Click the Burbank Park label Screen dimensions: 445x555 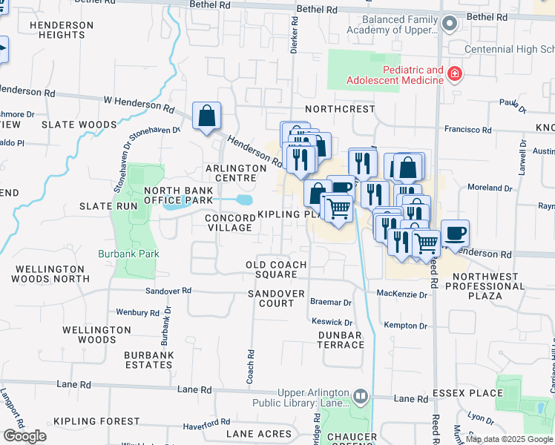point(129,254)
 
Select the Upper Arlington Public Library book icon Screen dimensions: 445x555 point(361,397)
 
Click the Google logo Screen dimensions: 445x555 point(24,436)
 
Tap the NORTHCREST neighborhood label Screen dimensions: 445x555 point(340,108)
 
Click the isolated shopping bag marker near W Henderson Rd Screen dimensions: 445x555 point(206,116)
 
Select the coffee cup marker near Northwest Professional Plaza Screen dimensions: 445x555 point(455,234)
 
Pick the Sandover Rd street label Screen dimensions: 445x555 point(168,291)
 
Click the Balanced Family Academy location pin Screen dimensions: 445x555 point(449,24)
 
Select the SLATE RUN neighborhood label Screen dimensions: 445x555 point(109,205)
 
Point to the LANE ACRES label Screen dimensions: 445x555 point(259,433)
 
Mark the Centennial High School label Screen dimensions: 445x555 point(509,50)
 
